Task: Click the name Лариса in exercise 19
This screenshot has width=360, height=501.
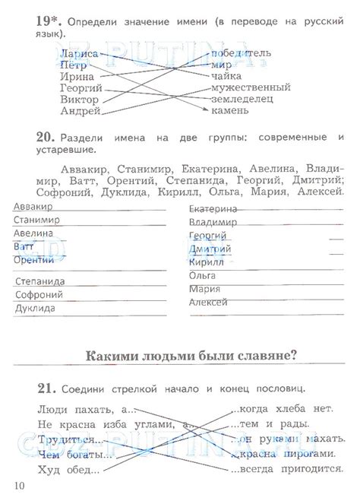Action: point(79,54)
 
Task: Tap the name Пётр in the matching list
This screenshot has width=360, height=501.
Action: point(74,65)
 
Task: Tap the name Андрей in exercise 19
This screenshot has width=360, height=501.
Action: point(80,111)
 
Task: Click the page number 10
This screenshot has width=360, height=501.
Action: point(19,484)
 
